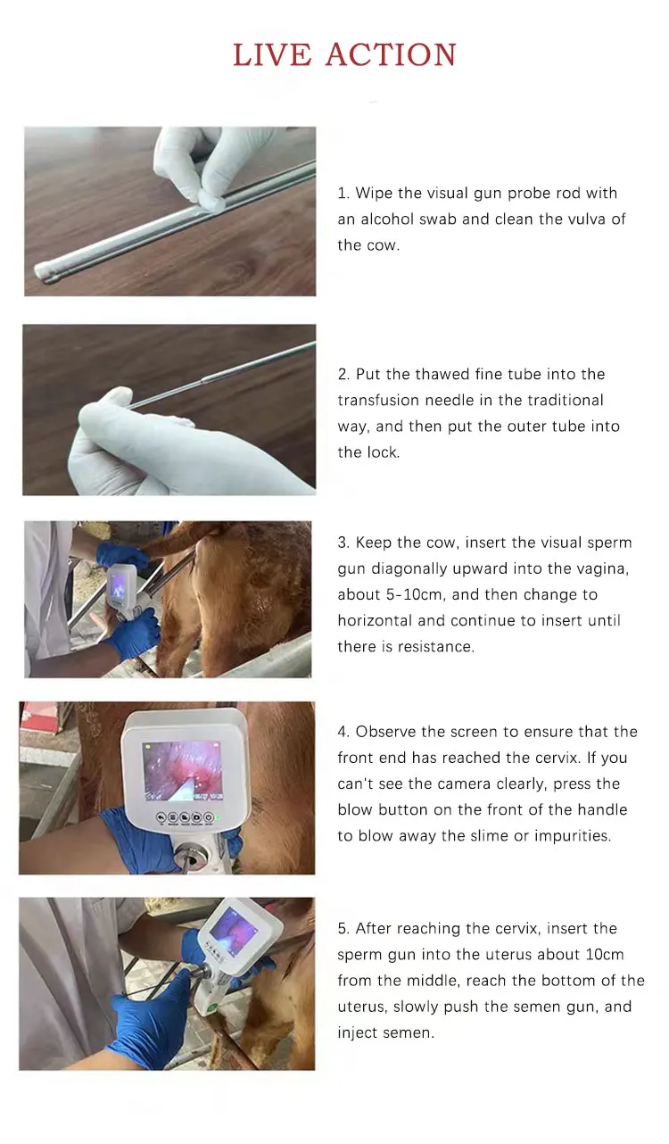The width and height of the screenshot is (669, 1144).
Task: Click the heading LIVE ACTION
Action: coord(344,55)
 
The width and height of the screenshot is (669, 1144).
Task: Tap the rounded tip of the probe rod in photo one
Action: coord(45,271)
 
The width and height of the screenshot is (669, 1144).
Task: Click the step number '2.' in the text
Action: coord(343,375)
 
